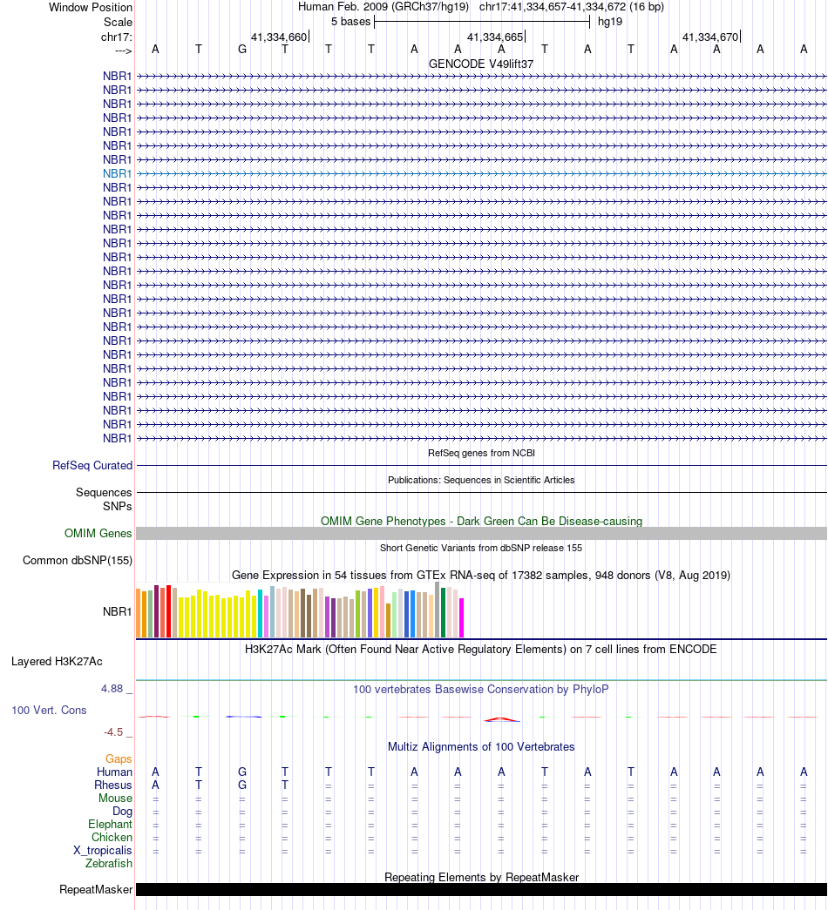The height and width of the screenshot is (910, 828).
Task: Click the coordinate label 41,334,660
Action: pos(279,37)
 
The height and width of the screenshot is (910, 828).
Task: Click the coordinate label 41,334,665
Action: pos(495,37)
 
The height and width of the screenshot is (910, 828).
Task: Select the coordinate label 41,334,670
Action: pos(710,37)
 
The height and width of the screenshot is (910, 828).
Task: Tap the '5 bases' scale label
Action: pos(350,21)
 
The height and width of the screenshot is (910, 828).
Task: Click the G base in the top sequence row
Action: pos(242,49)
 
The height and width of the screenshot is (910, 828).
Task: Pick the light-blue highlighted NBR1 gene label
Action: pos(117,173)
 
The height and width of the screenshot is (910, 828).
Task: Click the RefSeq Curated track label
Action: pos(92,466)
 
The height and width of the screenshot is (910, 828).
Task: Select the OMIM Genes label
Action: pos(98,534)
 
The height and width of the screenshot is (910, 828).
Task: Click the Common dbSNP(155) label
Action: pos(78,561)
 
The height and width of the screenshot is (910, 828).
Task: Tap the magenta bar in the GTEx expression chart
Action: pos(462,617)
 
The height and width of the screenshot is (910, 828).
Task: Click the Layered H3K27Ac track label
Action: pos(57,662)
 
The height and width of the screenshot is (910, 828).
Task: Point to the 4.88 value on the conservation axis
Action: pos(117,689)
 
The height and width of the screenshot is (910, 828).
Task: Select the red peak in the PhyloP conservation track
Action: pos(500,718)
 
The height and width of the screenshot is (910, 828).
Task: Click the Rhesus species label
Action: pos(113,785)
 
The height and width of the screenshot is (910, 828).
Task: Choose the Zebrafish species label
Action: pos(109,864)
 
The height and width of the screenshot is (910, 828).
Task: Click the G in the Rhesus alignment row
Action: pos(242,785)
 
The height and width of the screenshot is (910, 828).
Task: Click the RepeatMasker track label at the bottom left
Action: pos(96,890)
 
